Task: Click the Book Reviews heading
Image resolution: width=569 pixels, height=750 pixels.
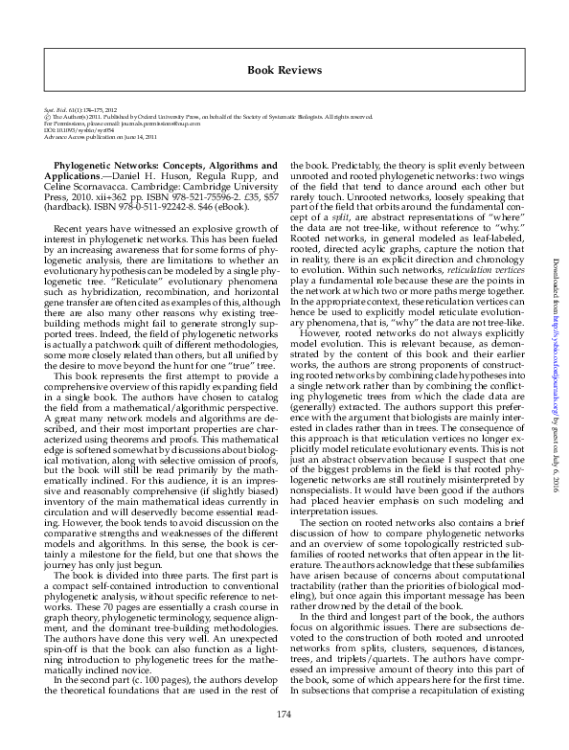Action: point(284,70)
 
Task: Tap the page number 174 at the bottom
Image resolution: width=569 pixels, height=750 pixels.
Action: point(283,715)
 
